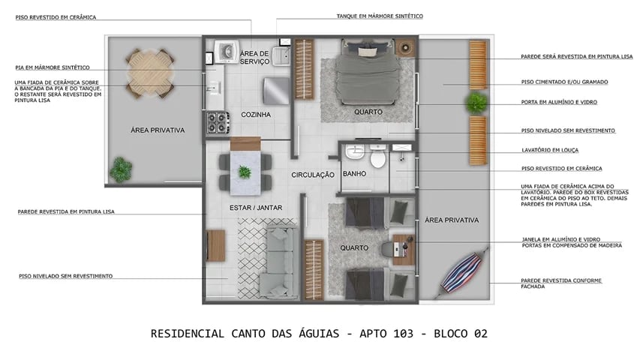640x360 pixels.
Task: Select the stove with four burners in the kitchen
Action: click(x=218, y=122)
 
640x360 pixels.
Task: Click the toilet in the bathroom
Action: click(x=377, y=158)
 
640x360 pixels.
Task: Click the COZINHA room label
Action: click(x=255, y=115)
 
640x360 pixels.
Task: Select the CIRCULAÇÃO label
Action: click(x=312, y=175)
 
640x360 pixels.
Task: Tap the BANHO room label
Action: click(x=353, y=174)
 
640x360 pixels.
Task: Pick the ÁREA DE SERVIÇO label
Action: click(x=254, y=57)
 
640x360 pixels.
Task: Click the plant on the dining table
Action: click(x=245, y=172)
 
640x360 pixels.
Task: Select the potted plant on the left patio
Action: click(x=120, y=170)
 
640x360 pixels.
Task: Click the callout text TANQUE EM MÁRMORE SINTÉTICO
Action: click(x=380, y=16)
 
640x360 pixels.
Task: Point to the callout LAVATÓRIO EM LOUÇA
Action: click(x=552, y=149)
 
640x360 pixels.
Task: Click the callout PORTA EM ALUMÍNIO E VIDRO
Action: click(x=559, y=102)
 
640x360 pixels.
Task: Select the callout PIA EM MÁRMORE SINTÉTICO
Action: click(x=53, y=67)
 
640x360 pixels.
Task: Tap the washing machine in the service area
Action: click(x=223, y=50)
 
